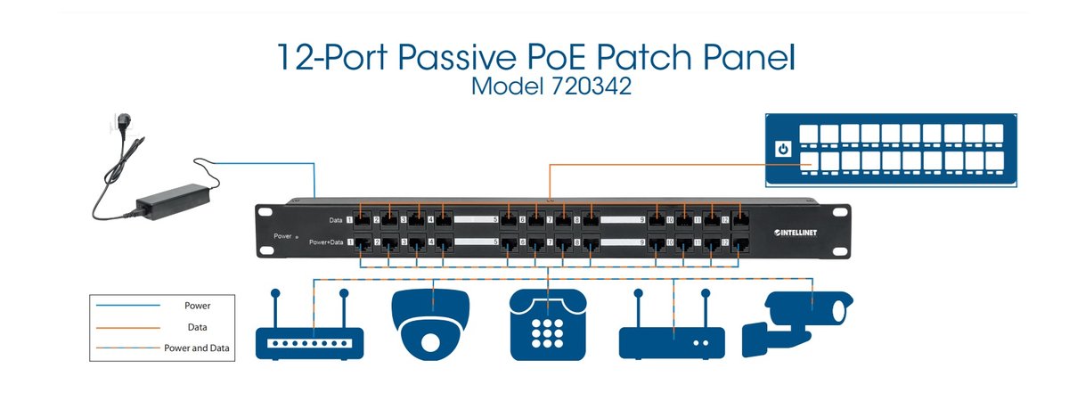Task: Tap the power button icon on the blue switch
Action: point(783,149)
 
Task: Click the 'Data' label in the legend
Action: point(198,327)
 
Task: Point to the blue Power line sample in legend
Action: point(131,306)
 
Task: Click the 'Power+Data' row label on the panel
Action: point(325,242)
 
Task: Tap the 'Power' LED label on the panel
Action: point(284,237)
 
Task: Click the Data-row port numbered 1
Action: point(362,218)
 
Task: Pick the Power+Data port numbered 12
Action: point(739,242)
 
